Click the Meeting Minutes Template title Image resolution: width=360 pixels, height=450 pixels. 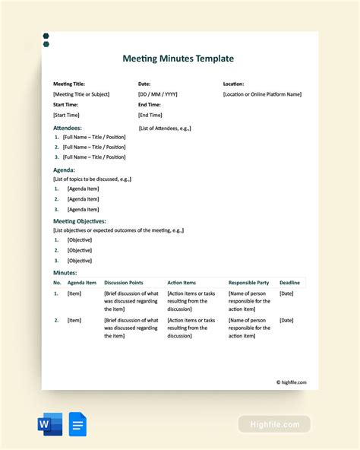178,59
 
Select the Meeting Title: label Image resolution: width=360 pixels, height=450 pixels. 69,84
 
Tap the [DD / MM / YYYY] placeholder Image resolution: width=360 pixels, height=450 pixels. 158,94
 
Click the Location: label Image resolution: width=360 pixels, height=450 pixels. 233,84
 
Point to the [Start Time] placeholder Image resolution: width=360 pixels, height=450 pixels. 66,115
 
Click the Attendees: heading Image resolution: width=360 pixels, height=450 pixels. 68,128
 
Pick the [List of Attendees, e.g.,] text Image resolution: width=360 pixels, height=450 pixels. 165,128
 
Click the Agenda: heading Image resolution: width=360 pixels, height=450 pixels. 64,170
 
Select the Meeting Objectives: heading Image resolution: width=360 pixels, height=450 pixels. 79,221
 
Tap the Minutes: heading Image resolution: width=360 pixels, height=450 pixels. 65,272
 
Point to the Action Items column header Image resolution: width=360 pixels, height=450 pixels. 182,283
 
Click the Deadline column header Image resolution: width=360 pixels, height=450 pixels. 289,283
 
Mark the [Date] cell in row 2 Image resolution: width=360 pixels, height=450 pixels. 286,321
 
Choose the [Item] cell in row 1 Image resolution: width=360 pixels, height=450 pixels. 74,293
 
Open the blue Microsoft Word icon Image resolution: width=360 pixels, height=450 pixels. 50,423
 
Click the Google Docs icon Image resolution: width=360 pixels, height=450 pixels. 77,423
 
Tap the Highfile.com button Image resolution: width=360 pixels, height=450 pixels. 274,424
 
